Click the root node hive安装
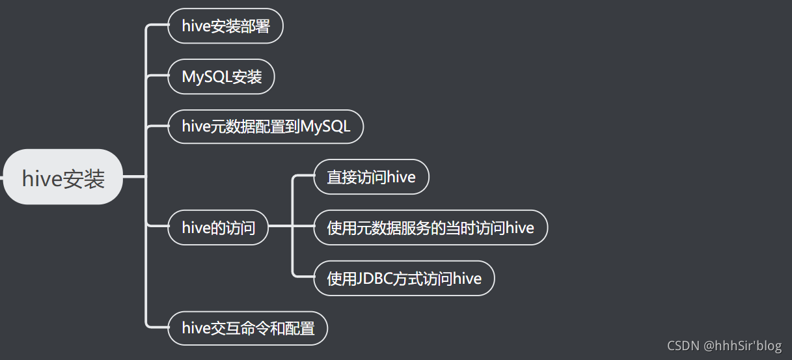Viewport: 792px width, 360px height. pos(63,177)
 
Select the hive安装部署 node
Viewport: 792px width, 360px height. pos(225,26)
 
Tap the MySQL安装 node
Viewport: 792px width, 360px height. pos(221,77)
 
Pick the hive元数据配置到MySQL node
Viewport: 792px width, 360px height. pos(266,127)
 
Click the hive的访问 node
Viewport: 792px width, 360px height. pos(218,228)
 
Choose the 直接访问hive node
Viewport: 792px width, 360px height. pos(371,177)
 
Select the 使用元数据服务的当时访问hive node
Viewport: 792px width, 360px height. pos(430,228)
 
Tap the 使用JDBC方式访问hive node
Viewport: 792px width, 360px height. pos(404,279)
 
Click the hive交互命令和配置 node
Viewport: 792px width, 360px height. pos(248,329)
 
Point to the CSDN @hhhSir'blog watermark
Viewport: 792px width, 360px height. pos(725,346)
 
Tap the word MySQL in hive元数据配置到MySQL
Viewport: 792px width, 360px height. pos(325,127)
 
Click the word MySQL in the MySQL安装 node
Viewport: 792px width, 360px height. pos(206,77)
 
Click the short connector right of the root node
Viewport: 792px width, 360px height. pos(135,176)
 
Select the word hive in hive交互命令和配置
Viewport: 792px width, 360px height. pos(196,329)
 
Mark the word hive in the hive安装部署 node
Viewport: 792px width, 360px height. pos(196,26)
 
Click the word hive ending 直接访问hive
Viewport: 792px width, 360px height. pos(401,177)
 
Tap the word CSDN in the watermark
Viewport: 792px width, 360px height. pos(683,346)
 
